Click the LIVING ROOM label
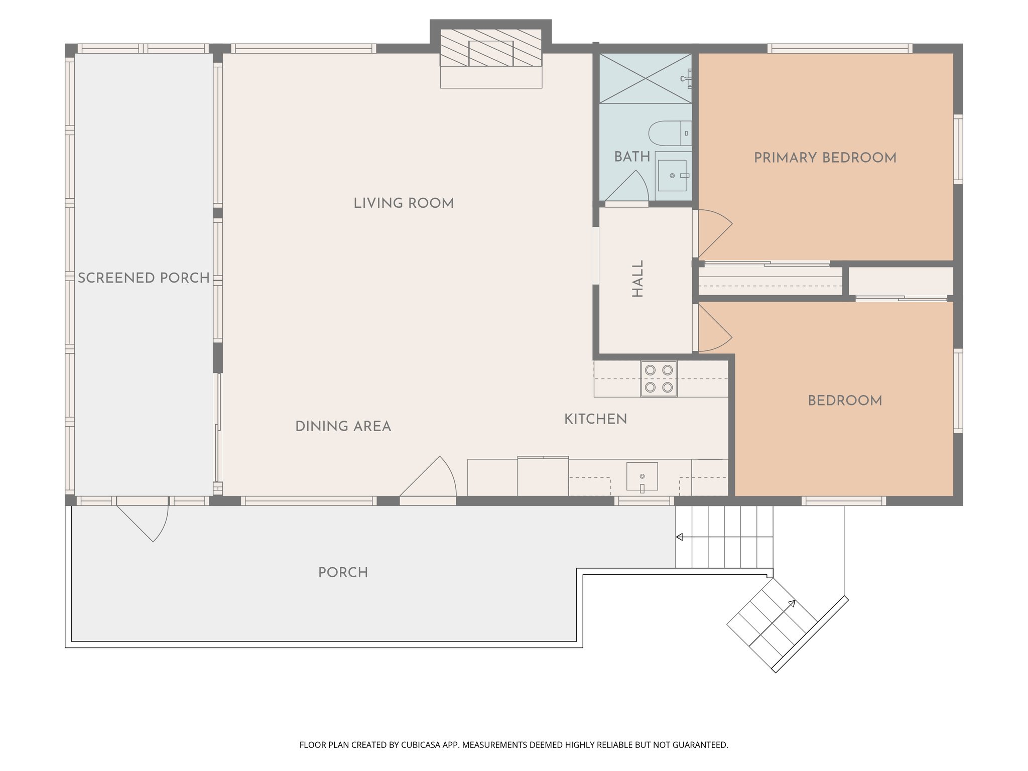point(404,203)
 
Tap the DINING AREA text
point(343,426)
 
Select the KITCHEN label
point(595,419)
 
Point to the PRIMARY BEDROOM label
point(825,158)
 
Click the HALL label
point(637,279)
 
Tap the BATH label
point(632,157)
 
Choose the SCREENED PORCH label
point(144,278)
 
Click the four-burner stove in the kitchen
point(659,379)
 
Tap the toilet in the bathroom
point(670,134)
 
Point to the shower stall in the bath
point(646,78)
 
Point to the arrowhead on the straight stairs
point(679,537)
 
